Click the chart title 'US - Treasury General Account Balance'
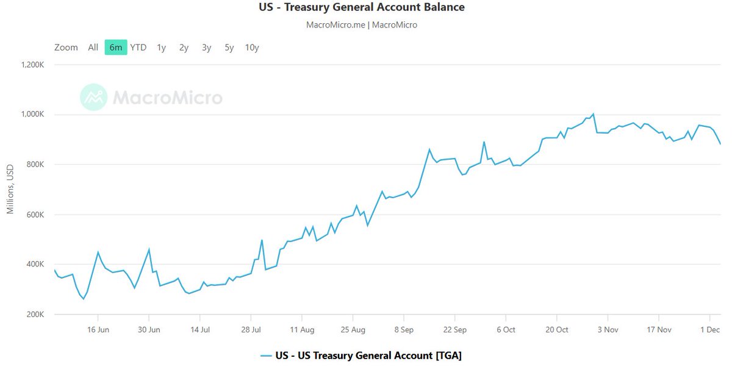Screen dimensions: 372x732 pos(361,8)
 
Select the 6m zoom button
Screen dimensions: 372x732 pos(116,48)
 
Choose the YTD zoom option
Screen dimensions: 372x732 pos(138,48)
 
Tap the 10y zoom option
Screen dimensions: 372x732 pos(252,48)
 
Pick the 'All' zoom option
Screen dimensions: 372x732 pos(93,48)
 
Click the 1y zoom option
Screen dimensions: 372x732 pos(161,48)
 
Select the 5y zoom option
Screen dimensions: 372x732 pos(229,48)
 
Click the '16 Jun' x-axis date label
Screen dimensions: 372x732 pos(98,329)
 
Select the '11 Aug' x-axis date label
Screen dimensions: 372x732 pos(302,329)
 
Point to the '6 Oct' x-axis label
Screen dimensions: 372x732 pos(506,329)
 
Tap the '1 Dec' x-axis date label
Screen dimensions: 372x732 pos(709,329)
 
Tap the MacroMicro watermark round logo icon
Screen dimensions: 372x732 pos(93,98)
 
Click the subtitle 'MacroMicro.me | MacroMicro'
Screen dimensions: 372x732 pos(361,25)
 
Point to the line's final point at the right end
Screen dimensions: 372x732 pos(720,144)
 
